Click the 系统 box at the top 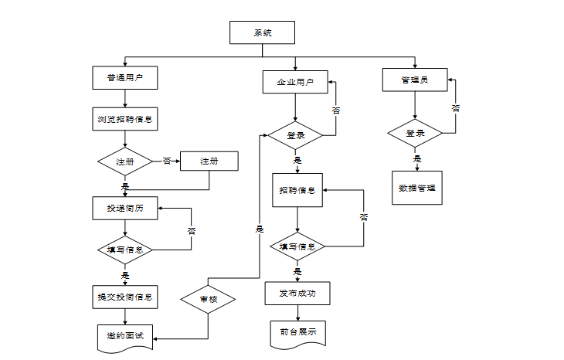[x=262, y=32]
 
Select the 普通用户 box [x=125, y=78]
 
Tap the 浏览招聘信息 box [x=125, y=119]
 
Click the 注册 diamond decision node [x=125, y=161]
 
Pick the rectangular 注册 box [x=209, y=161]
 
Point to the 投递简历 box [x=125, y=209]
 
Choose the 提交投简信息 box [x=125, y=297]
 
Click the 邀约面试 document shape [x=125, y=338]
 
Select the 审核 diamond [x=208, y=299]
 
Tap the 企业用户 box [x=295, y=82]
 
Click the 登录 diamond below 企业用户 [x=295, y=136]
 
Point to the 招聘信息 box [x=297, y=190]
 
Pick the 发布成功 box [x=297, y=294]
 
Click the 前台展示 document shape [x=297, y=334]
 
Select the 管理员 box [x=415, y=80]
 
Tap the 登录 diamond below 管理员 [x=415, y=134]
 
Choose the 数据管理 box [x=417, y=188]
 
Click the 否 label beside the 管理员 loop [x=455, y=108]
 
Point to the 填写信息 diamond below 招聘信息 [x=297, y=246]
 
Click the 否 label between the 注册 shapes [x=167, y=161]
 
